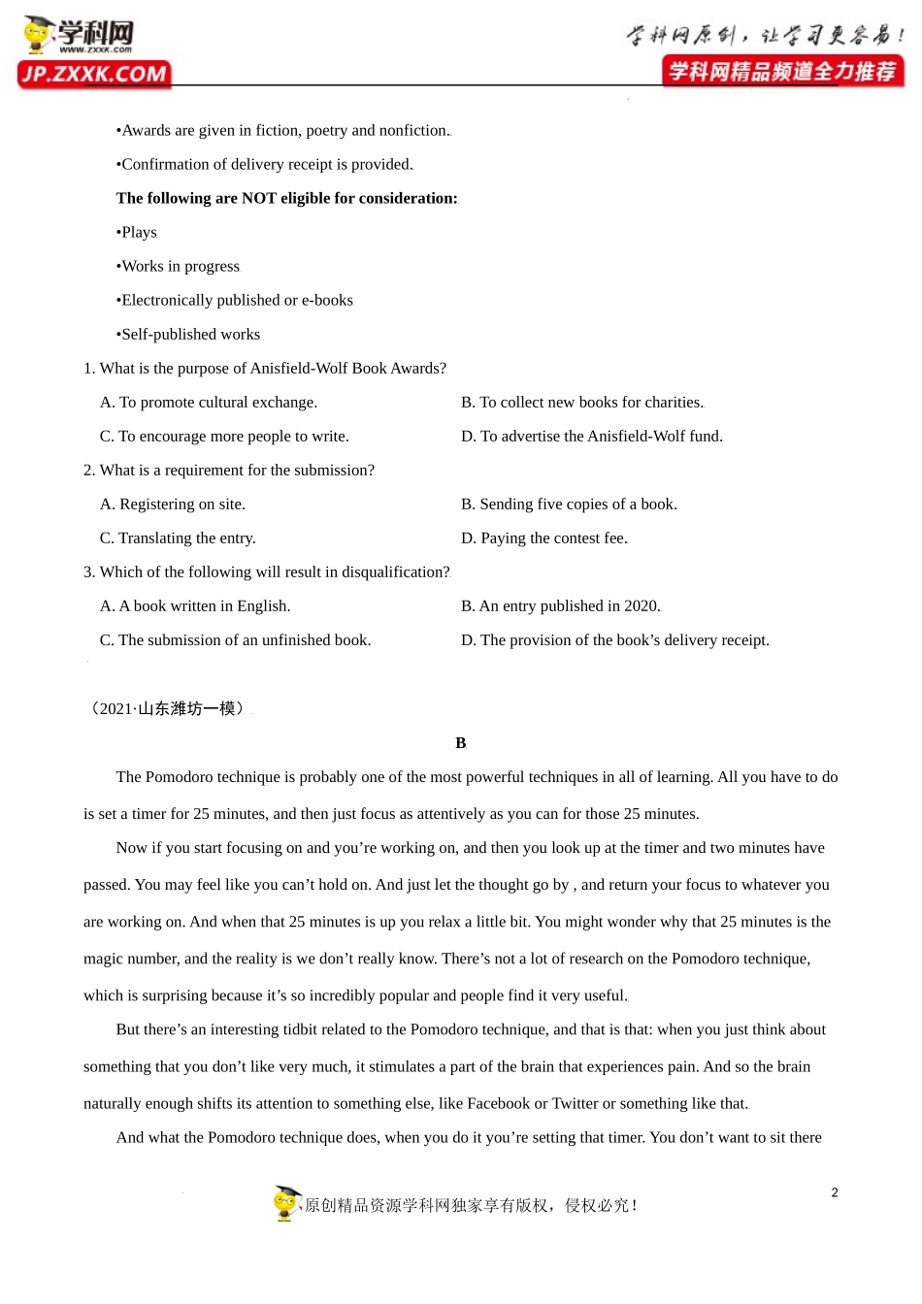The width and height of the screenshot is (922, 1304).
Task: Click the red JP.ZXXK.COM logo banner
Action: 94,75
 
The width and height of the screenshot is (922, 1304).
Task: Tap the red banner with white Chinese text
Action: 782,71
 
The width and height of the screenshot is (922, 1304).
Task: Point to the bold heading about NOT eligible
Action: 286,198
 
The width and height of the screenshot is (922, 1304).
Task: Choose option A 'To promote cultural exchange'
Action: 209,403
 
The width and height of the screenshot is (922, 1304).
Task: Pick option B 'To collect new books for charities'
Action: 582,403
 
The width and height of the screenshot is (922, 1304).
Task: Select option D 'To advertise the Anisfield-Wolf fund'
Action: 592,437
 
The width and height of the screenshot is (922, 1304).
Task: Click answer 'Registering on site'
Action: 173,505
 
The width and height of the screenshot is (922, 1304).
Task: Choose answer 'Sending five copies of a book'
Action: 569,505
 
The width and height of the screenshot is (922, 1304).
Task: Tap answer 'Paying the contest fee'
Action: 544,538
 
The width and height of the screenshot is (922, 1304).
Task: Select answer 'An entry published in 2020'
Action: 561,606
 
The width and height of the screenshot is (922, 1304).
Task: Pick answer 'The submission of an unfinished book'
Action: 235,640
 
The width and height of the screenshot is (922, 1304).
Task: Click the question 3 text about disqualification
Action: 267,572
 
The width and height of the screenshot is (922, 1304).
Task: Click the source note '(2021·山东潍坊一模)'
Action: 167,709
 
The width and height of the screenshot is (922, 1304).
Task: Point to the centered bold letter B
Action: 461,743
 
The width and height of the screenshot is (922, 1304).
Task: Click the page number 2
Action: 835,1192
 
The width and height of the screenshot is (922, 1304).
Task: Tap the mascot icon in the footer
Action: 286,1203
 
